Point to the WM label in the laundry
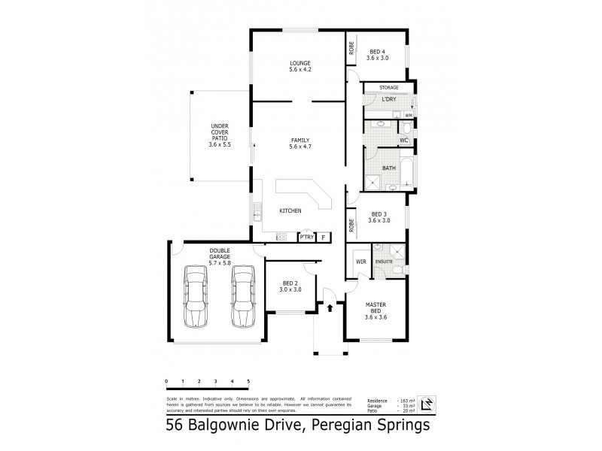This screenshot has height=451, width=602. point(409,115)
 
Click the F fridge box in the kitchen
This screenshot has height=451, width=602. point(324,237)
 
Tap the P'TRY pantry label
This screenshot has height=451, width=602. point(306,237)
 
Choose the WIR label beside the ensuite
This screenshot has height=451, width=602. point(359,262)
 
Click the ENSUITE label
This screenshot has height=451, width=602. point(385,262)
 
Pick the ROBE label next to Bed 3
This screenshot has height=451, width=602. point(351,224)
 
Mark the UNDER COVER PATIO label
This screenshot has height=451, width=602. point(220,135)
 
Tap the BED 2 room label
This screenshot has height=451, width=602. point(290,286)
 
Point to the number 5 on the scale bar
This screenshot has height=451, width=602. point(248,383)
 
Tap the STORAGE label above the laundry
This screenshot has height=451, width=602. point(389,88)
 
